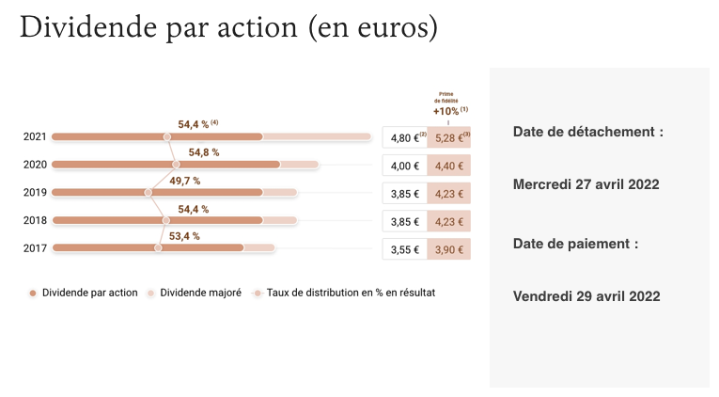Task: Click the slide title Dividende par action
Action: [228, 27]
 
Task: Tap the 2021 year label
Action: [35, 137]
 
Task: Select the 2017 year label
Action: [35, 249]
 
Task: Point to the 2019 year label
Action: [35, 193]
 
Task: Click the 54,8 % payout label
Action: [204, 152]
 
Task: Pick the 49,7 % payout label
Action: [184, 181]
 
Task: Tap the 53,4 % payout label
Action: [183, 236]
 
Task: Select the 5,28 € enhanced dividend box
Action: [449, 138]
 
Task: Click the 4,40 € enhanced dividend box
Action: [448, 167]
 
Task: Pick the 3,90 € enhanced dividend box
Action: [448, 250]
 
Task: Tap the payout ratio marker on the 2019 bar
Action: [148, 193]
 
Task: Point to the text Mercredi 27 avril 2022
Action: [586, 184]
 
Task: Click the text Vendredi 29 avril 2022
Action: [586, 296]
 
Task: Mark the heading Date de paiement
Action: [575, 244]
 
